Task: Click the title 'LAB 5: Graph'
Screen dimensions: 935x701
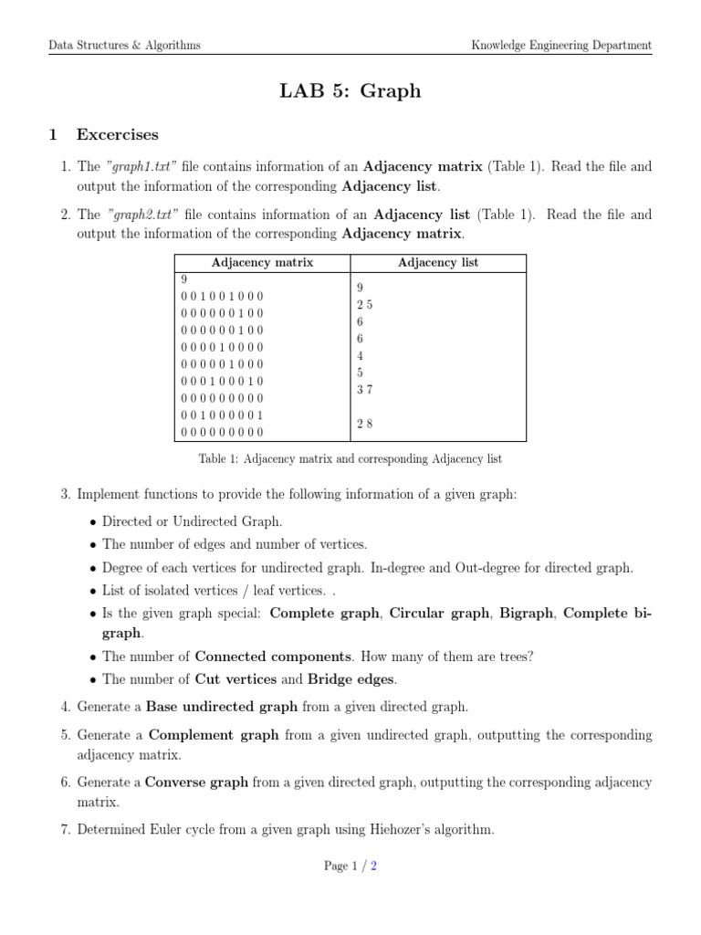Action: [350, 91]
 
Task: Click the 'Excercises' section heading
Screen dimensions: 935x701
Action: [117, 135]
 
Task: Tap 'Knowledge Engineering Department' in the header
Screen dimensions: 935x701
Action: [560, 45]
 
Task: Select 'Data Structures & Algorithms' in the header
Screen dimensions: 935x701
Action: [125, 45]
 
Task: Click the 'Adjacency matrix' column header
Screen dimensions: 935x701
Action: [262, 263]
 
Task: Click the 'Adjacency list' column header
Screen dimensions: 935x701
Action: [438, 263]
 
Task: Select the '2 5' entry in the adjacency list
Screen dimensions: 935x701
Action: [364, 305]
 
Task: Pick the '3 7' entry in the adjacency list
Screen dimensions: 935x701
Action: [364, 390]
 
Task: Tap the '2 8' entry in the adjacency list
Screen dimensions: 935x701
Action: [364, 424]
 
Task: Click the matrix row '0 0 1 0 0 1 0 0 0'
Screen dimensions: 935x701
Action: [222, 297]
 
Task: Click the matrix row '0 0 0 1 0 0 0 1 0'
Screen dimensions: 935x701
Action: [222, 381]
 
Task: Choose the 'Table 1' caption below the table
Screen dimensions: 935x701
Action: [350, 458]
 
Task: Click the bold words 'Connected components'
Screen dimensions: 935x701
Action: [273, 657]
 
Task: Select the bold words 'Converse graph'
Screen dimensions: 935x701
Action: [197, 783]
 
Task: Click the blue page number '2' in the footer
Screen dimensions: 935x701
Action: [373, 893]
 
